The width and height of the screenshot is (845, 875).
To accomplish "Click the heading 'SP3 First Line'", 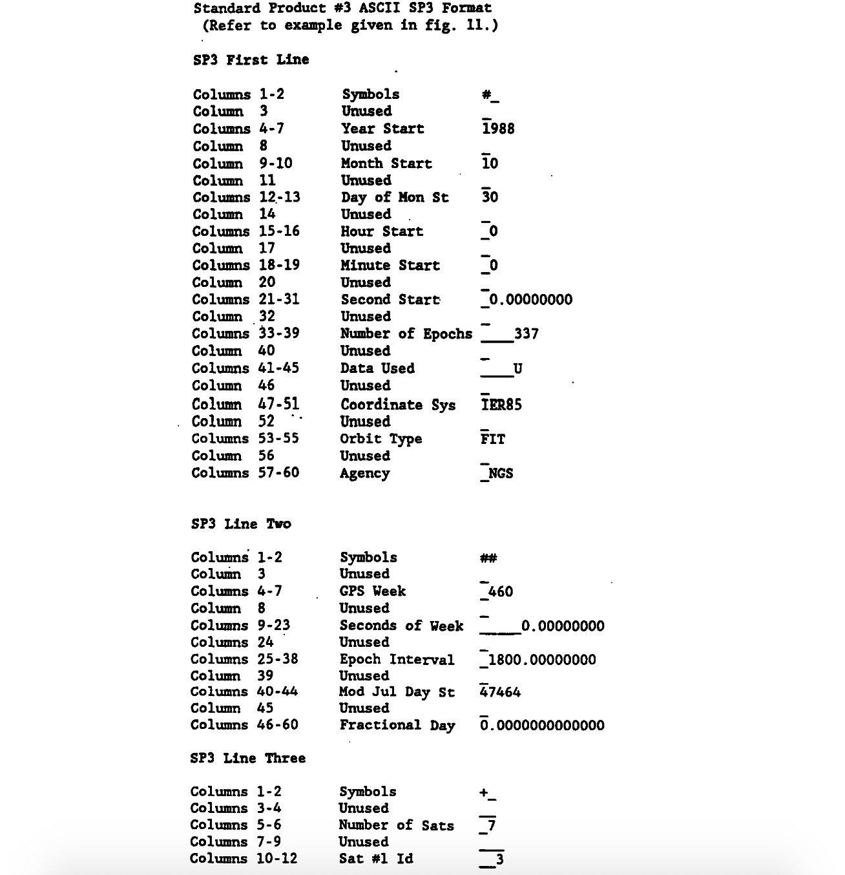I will pos(251,59).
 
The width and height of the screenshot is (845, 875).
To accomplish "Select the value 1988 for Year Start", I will pos(498,129).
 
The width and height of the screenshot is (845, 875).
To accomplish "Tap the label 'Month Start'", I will pos(386,163).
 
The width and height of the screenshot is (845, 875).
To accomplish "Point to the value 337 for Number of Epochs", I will pos(526,334).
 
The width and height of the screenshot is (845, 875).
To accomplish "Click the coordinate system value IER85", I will pos(501,405).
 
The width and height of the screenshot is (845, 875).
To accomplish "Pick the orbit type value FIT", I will pos(493,439).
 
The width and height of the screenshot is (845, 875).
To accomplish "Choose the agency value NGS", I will pos(500,474).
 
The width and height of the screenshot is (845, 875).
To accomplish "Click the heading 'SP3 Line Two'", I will pos(241,524).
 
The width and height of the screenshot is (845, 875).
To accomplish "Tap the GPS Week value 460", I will pos(500,592).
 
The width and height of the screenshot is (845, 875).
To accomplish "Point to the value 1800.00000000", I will pos(542,660).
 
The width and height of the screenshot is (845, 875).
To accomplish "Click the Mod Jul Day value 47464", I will pos(501,693).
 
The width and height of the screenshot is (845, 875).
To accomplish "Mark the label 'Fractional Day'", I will pos(397,726).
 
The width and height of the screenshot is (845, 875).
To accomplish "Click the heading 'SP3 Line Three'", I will pos(248,758).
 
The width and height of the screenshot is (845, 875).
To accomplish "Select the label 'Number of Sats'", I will pos(396,825).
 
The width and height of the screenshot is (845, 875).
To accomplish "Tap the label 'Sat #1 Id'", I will pos(376,859).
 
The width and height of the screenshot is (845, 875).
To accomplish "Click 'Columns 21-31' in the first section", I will pos(246,300).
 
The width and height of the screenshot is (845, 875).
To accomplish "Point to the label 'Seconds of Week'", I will pos(401,626).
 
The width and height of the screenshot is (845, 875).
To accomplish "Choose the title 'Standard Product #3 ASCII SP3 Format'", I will pos(342,8).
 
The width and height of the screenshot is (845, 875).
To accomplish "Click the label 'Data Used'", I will pos(377,368).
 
